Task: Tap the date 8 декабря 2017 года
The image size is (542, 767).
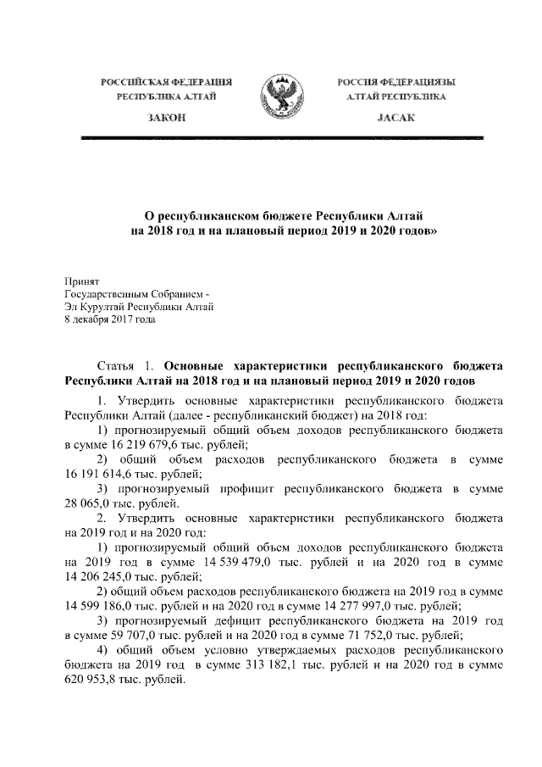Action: [x=111, y=320]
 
